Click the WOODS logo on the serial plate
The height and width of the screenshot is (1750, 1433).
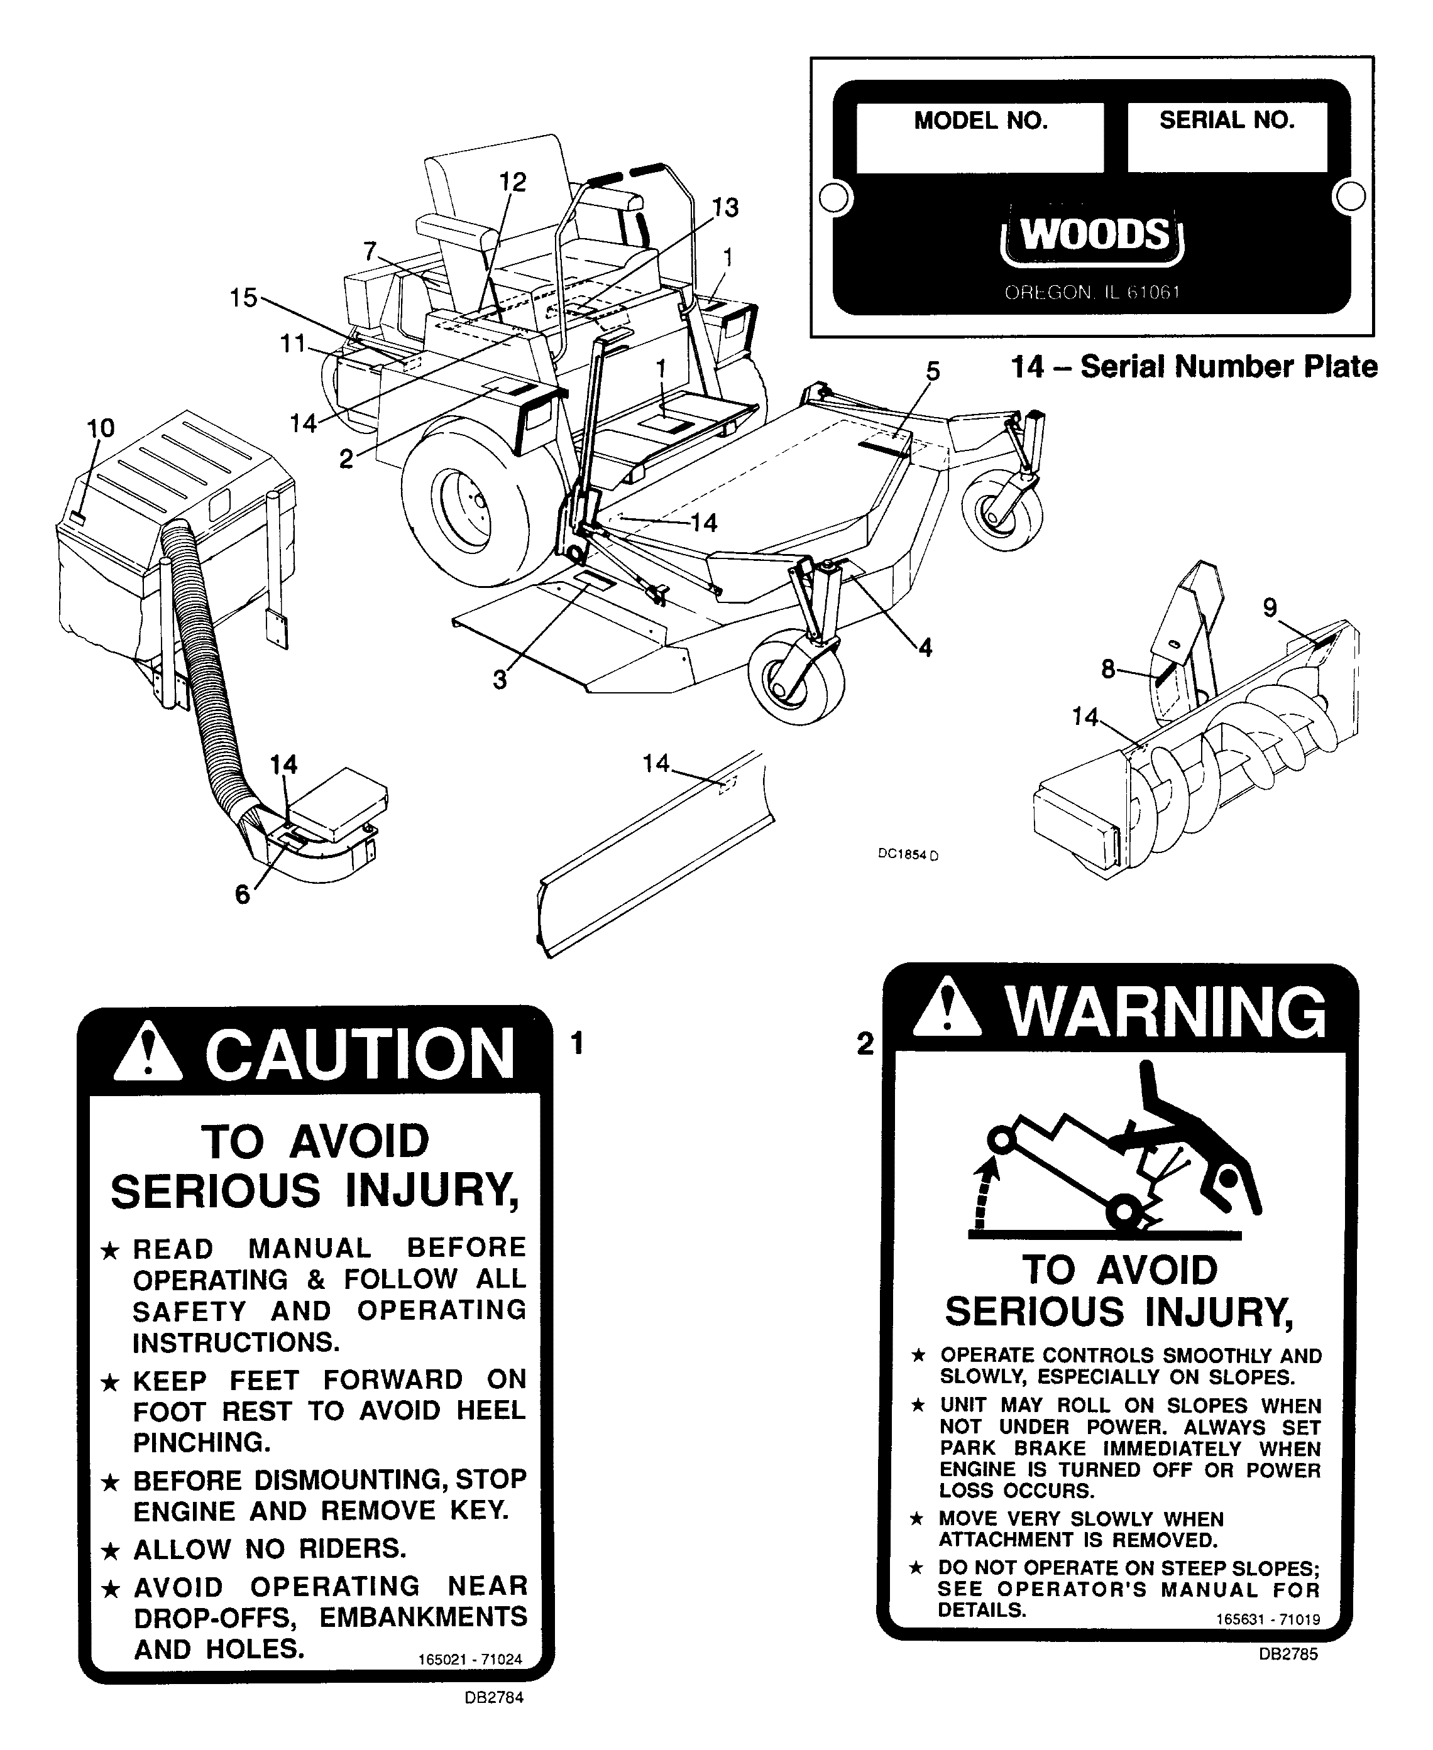[1094, 236]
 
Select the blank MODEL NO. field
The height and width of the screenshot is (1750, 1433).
[980, 151]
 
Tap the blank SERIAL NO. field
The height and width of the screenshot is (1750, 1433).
[1227, 151]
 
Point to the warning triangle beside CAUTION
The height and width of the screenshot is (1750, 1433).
[148, 1053]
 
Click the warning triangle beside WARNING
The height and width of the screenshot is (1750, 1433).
[948, 1008]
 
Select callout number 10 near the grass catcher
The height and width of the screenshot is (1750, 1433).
[101, 428]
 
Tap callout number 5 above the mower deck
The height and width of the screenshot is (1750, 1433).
[932, 371]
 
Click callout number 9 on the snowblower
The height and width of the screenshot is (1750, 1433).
[1270, 608]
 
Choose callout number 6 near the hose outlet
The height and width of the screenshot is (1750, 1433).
[242, 894]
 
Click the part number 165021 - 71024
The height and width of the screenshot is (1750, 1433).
[469, 1660]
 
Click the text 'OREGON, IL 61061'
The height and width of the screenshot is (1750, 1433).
[1092, 293]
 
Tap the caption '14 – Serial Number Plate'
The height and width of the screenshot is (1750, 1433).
[1194, 366]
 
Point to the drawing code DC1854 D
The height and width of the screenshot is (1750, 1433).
[907, 855]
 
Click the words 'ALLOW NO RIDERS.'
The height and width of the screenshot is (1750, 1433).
[269, 1548]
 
